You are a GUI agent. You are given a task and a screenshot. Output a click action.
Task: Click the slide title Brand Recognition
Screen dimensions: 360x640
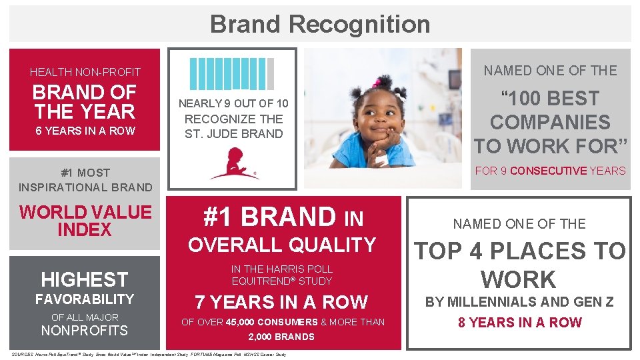[x=320, y=24]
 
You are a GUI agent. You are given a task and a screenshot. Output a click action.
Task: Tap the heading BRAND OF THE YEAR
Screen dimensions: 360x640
[x=84, y=102]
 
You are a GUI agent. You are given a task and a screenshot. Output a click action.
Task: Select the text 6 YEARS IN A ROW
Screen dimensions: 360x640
[x=85, y=131]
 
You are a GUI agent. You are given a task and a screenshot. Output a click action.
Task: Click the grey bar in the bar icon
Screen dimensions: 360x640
[x=270, y=73]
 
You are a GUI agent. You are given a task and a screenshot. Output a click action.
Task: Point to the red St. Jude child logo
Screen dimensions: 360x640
[x=234, y=164]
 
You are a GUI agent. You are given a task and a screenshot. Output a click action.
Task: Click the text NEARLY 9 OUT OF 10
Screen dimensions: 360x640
[x=233, y=103]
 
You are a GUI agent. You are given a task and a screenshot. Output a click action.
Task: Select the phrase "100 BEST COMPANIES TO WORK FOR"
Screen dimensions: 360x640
[x=550, y=123]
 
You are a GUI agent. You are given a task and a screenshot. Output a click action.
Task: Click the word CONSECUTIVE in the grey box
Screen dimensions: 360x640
[x=548, y=171]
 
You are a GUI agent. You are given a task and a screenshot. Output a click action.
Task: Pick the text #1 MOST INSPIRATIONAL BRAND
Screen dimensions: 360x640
[x=85, y=180]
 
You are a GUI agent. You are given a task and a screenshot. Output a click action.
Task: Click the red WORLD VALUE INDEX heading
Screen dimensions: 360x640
[x=85, y=221]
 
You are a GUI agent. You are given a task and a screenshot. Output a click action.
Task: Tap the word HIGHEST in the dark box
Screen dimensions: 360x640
[x=84, y=279]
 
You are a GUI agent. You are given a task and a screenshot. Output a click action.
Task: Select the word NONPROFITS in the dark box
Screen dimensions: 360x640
[x=85, y=331]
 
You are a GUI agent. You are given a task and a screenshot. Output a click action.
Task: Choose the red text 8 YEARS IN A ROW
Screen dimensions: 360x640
[x=520, y=323]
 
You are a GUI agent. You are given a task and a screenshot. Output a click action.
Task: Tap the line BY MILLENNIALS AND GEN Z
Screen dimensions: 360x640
[x=519, y=302]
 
